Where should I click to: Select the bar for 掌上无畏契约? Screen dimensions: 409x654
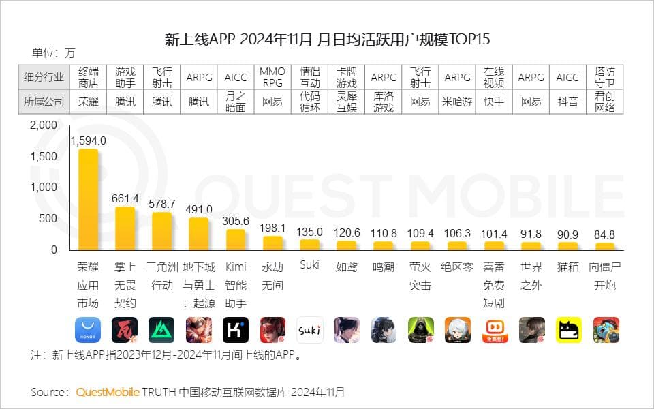click(125, 228)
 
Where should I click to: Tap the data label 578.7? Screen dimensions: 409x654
click(162, 204)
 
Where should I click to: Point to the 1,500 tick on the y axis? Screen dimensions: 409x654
click(44, 156)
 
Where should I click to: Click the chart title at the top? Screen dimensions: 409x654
click(328, 39)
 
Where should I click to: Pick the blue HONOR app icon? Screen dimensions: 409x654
click(88, 330)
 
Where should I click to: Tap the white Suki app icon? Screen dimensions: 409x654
click(309, 330)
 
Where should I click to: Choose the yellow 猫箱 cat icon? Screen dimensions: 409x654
click(568, 330)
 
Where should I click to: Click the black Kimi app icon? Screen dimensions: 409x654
click(236, 330)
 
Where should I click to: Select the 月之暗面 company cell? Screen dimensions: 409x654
click(236, 102)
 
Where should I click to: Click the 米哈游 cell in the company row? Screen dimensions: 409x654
click(457, 102)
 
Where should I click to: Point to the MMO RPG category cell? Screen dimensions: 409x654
click(272, 77)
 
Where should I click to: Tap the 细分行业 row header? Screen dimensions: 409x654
click(44, 77)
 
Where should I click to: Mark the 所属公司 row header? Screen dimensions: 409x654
click(44, 102)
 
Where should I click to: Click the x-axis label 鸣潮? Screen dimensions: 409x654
click(384, 267)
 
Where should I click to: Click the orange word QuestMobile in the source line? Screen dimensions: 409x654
click(108, 392)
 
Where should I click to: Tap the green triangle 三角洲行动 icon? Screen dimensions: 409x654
click(161, 330)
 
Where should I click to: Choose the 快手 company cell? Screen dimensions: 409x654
click(494, 102)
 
